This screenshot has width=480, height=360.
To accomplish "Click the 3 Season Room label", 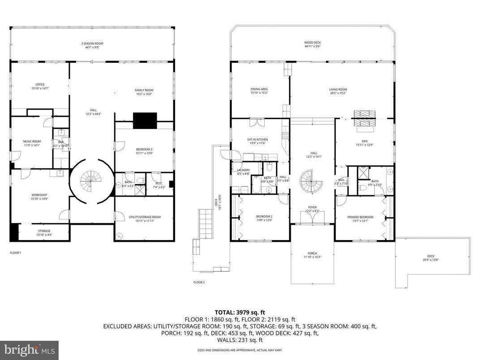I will tap(92, 45).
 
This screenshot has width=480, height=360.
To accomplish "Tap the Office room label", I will tap(40, 86).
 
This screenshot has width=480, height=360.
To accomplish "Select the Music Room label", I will tap(32, 143).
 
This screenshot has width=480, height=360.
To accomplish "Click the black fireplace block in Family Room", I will tap(145, 120).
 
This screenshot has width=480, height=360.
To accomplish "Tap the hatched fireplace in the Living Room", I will tap(363, 119).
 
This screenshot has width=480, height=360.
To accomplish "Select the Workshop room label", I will tap(39, 197).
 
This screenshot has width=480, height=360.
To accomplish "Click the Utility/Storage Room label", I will tap(144, 219).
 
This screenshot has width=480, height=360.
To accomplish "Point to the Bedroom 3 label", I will tap(144, 151).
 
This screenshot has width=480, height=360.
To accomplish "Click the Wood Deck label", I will tap(313, 44).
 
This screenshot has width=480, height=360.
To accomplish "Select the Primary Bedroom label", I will tap(360, 219).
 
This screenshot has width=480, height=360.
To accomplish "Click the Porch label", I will tap(312, 255).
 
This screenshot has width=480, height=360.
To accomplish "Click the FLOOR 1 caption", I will tap(16, 253).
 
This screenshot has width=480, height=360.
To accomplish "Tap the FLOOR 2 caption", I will tap(199, 283).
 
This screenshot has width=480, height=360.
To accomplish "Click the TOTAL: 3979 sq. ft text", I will tap(240, 312).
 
